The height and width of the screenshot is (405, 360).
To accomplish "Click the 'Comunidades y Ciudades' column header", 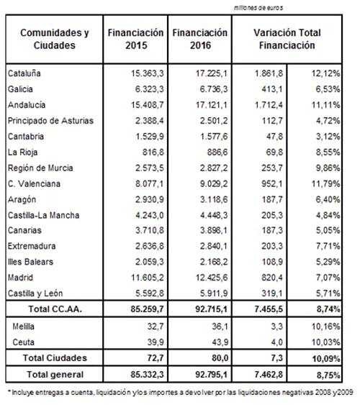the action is [55, 39].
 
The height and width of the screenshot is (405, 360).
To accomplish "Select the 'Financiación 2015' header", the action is [135, 39].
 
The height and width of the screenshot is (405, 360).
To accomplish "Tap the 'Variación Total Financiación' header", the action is [287, 39].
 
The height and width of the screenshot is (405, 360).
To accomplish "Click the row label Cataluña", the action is [24, 73].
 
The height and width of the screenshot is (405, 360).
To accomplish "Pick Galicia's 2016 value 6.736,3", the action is [214, 89].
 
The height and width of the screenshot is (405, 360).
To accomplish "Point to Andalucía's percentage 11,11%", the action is [325, 105].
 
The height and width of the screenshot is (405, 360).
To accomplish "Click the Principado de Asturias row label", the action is [50, 121].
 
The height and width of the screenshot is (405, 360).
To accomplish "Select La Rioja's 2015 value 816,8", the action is [153, 152].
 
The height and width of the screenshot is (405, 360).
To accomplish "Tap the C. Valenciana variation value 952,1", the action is [272, 184].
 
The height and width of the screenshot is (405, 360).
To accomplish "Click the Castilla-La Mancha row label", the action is [43, 215].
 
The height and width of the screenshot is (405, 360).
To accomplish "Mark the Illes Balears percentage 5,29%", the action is [328, 262].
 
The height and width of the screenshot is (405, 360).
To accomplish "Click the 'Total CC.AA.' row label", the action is [55, 309].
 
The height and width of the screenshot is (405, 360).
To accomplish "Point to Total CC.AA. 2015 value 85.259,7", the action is [147, 309].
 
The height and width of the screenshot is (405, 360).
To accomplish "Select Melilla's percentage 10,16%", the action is [325, 327].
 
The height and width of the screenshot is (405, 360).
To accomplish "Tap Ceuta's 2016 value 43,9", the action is [220, 342].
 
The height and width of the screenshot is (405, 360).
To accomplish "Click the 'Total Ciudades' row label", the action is [55, 358].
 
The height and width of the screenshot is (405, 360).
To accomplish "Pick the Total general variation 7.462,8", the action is [269, 375].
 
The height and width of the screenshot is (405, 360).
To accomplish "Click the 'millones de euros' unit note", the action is [258, 8].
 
